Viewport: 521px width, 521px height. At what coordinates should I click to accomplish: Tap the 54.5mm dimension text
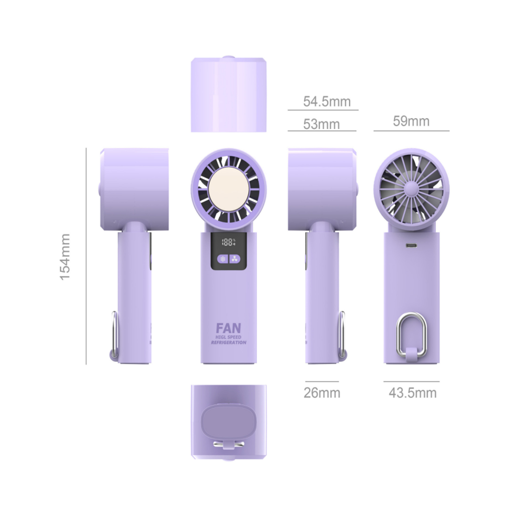[x=327, y=101]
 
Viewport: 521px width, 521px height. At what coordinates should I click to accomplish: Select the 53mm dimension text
[x=321, y=124]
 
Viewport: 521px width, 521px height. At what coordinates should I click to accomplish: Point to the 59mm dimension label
[x=411, y=121]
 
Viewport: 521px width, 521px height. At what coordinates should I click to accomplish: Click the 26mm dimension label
[x=322, y=393]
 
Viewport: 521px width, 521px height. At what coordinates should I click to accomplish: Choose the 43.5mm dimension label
[x=412, y=393]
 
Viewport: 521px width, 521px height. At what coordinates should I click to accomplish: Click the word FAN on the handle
[x=228, y=328]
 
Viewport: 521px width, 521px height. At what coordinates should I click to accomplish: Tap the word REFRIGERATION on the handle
[x=228, y=342]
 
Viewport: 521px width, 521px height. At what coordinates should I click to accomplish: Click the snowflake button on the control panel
[x=223, y=259]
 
